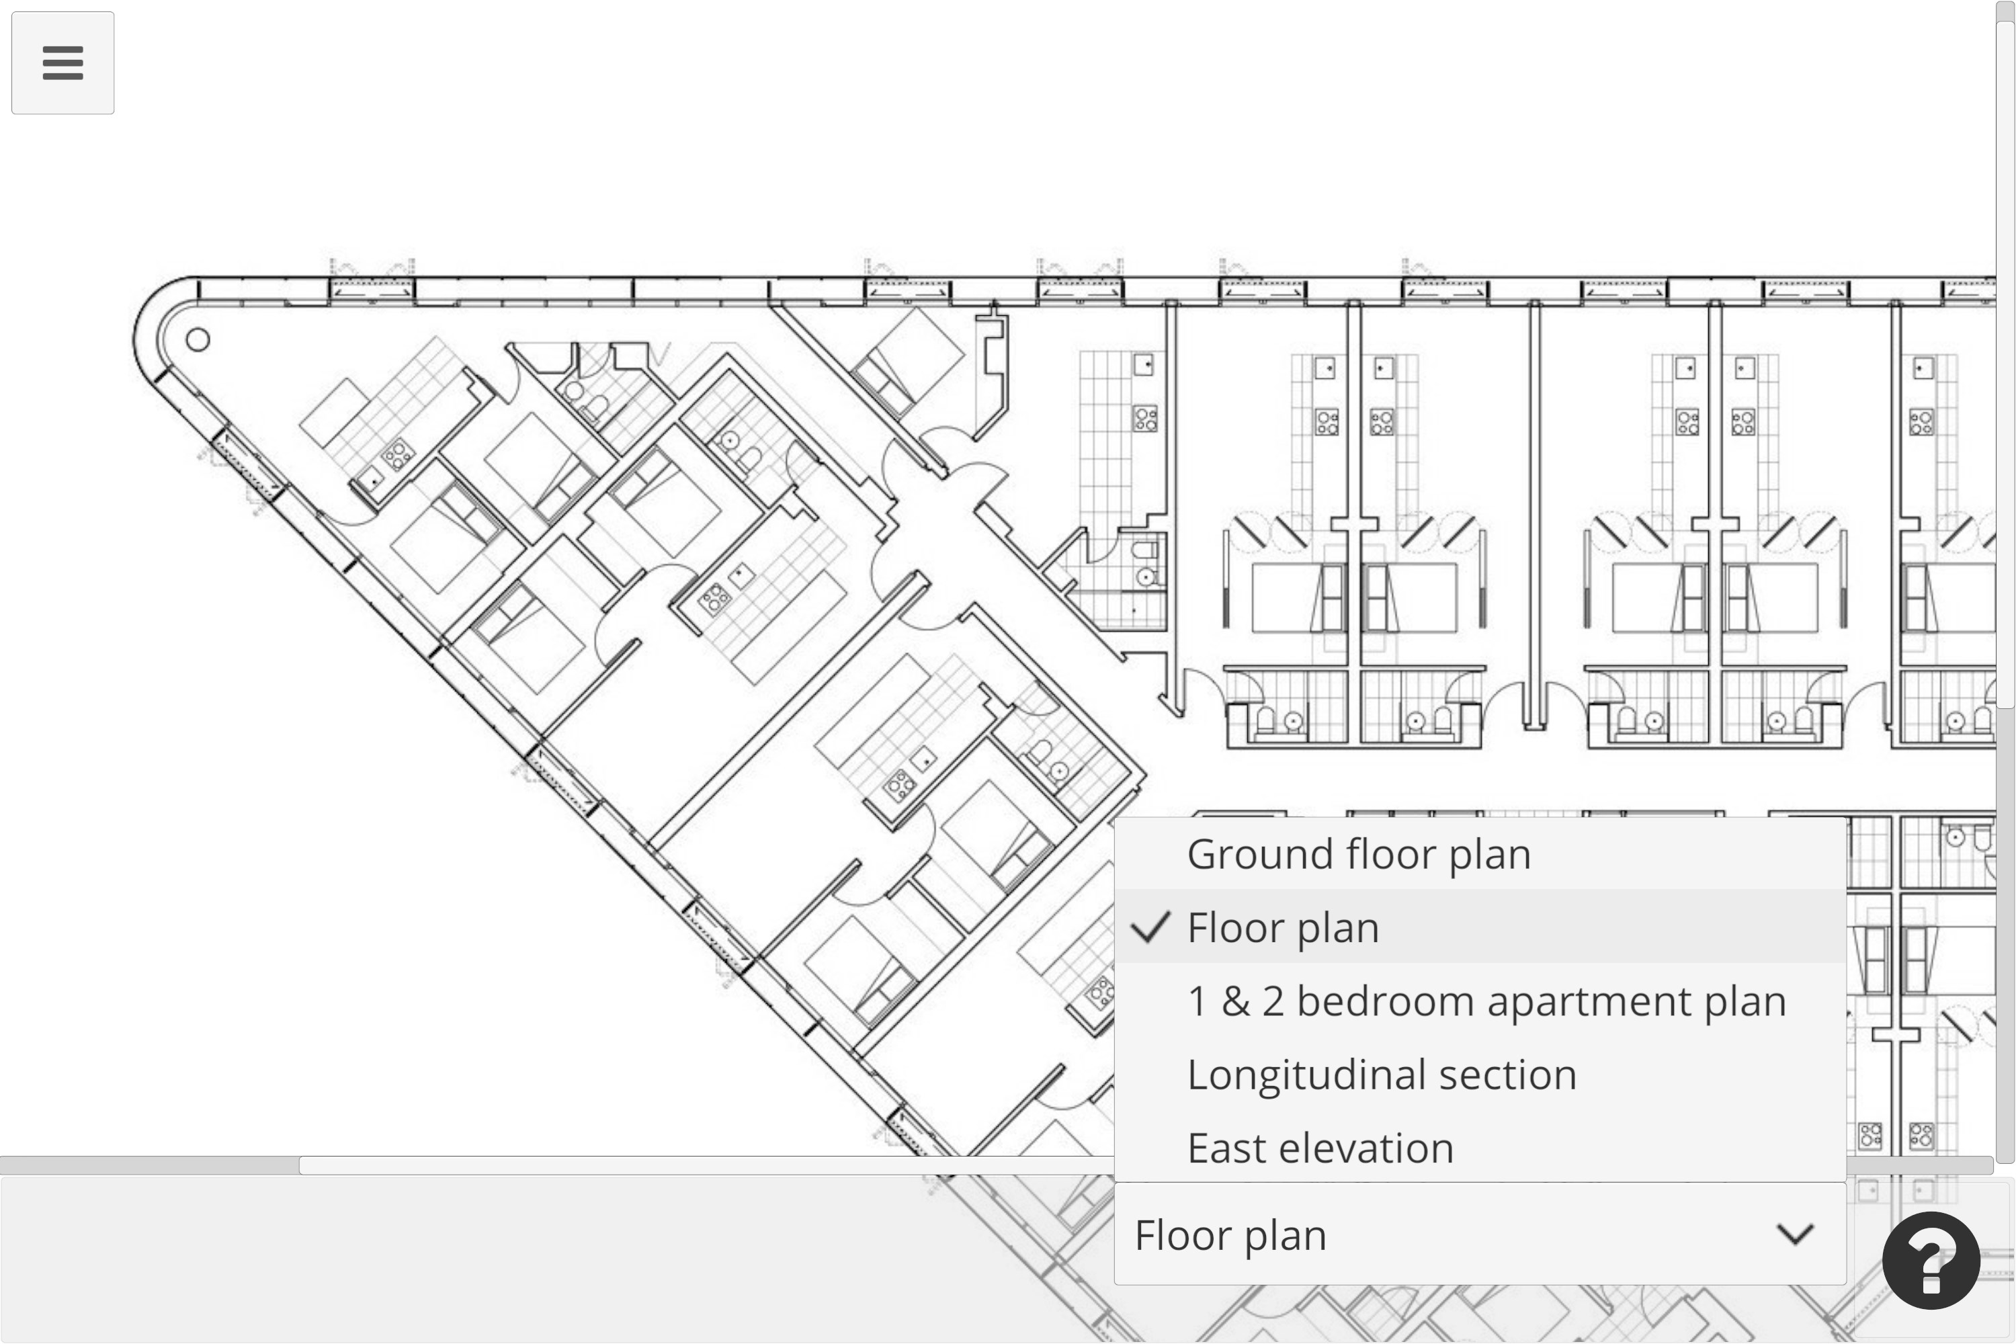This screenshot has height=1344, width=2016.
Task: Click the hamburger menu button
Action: click(62, 62)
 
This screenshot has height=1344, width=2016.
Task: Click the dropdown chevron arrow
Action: click(1795, 1234)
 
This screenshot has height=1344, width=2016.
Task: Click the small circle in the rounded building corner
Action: click(198, 340)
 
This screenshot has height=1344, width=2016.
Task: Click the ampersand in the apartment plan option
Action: click(1235, 1001)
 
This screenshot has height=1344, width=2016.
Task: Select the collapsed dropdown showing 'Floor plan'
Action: click(1480, 1234)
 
